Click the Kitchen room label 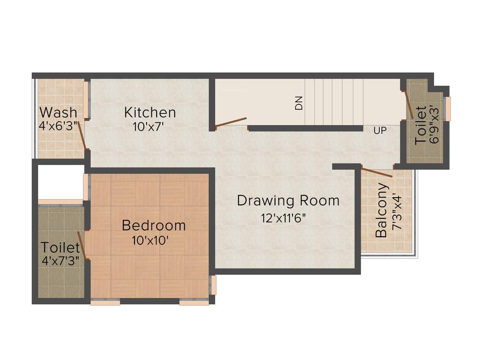pyautogui.click(x=150, y=112)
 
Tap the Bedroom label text pyautogui.click(x=154, y=225)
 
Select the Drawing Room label pyautogui.click(x=288, y=201)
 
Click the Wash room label pyautogui.click(x=58, y=112)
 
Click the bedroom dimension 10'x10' pyautogui.click(x=150, y=240)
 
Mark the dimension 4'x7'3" pyautogui.click(x=59, y=261)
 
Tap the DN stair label pyautogui.click(x=299, y=103)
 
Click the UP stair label pyautogui.click(x=380, y=131)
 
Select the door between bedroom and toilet pyautogui.click(x=81, y=243)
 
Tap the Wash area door pyautogui.click(x=82, y=135)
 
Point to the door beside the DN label pyautogui.click(x=231, y=122)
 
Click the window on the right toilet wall pyautogui.click(x=448, y=108)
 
